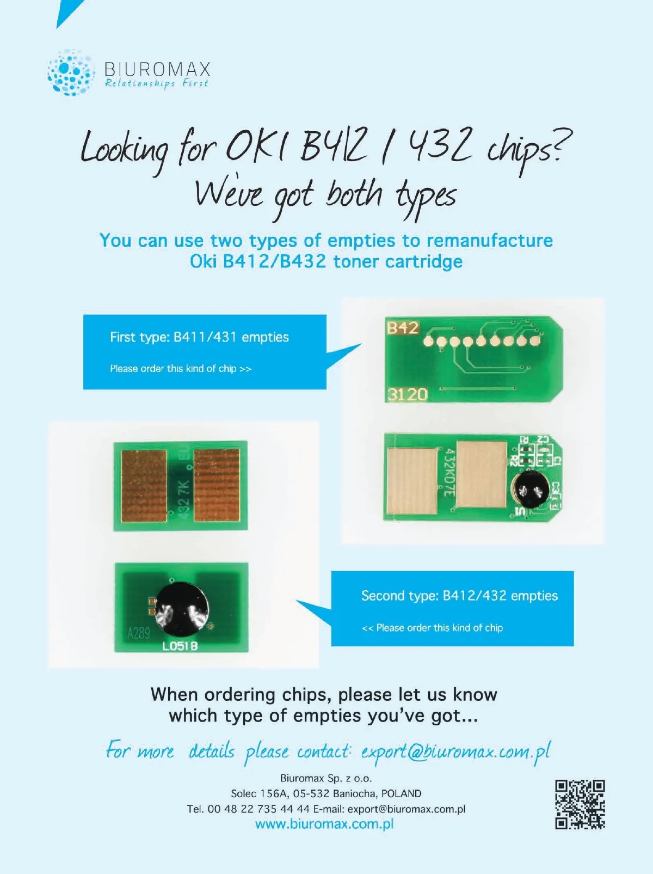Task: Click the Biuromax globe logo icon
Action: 71,72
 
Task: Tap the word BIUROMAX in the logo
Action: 158,69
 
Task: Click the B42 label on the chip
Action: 403,328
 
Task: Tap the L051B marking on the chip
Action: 180,646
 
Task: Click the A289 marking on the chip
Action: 138,633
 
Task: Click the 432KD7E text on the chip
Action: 449,473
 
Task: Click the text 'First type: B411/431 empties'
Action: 199,337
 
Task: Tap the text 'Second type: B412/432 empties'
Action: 460,596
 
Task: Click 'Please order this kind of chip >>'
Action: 181,369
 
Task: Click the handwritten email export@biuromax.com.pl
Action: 455,752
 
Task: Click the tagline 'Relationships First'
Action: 156,84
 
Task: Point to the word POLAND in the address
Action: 401,793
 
